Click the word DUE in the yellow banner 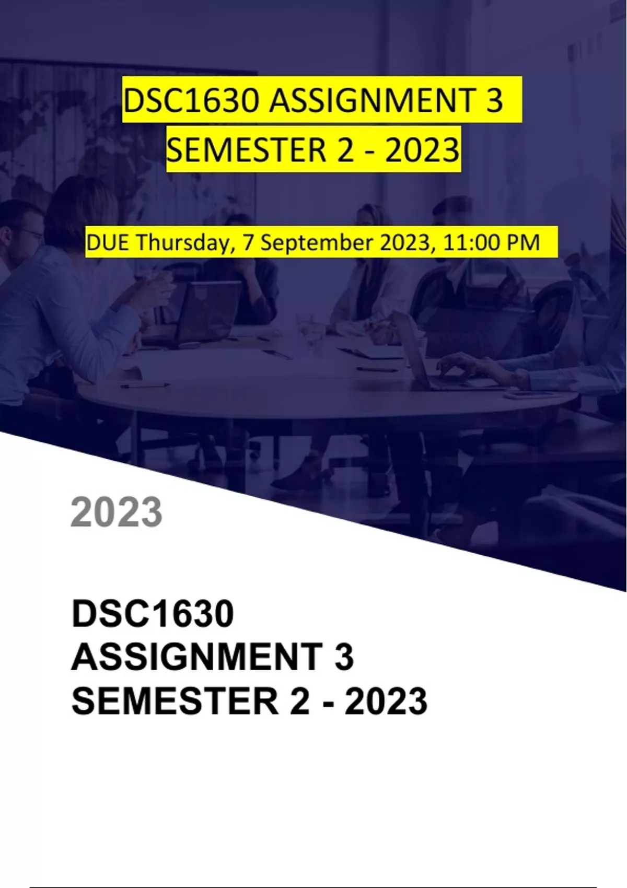coord(108,242)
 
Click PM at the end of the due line coord(524,242)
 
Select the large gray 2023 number coord(116,512)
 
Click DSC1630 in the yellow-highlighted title coord(192,101)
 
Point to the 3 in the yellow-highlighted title coord(494,101)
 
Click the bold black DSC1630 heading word coord(153,614)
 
